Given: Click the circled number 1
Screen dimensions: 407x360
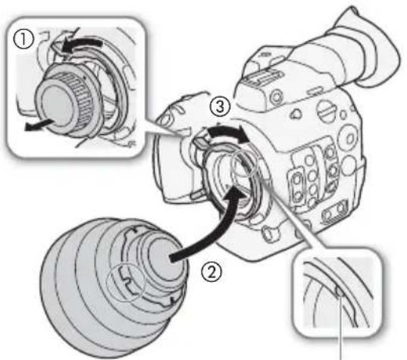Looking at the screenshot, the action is pyautogui.click(x=23, y=39).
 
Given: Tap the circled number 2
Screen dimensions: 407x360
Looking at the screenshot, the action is pyautogui.click(x=211, y=273).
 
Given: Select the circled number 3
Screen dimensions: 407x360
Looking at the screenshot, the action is pyautogui.click(x=220, y=107).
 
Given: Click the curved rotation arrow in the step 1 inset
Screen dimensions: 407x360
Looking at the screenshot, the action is pyautogui.click(x=82, y=45).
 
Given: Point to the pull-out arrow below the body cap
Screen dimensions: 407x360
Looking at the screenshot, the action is pyautogui.click(x=39, y=125).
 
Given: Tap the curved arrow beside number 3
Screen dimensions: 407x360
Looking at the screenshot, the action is pyautogui.click(x=228, y=134).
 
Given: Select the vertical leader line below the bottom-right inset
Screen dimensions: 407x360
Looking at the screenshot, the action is pyautogui.click(x=341, y=328).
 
